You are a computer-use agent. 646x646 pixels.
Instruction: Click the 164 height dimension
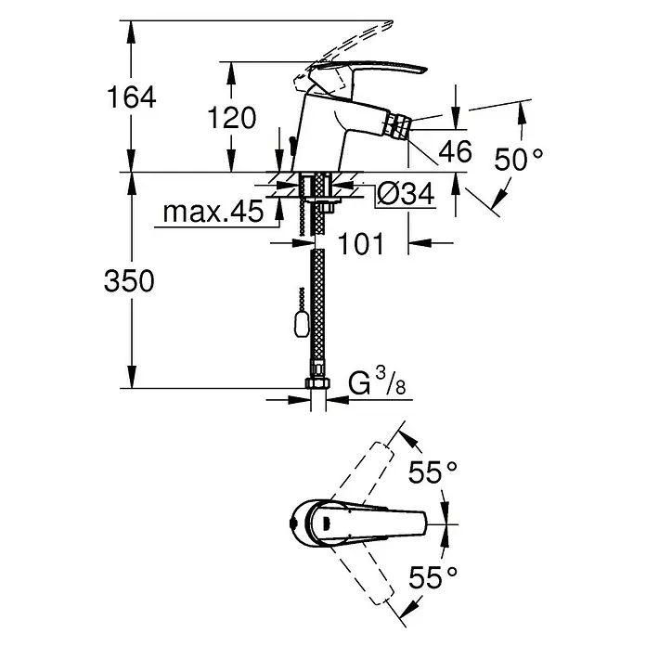pos(132,97)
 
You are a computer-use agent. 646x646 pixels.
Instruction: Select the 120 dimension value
pos(231,118)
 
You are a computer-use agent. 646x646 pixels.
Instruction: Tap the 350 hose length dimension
pos(129,281)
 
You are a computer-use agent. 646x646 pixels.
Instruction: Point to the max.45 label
pos(213,212)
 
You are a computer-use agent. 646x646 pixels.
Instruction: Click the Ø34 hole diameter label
pos(406,194)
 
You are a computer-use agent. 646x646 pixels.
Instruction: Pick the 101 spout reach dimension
pos(361,243)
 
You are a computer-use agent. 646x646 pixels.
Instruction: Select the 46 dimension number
pos(455,151)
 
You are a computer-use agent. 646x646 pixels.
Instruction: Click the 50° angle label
pos(519,160)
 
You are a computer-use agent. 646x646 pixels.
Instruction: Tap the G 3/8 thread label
pos(377,382)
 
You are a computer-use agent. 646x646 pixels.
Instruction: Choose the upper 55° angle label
pos(433,472)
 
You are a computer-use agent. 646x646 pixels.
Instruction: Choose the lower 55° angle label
pos(433,577)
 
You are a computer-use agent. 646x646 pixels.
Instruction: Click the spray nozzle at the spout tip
pos(396,126)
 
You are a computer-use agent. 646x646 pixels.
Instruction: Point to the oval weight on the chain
pos(301,323)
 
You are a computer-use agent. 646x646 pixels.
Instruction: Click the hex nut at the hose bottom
pos(317,383)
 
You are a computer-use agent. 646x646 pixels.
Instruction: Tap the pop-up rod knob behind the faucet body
pos(291,147)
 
